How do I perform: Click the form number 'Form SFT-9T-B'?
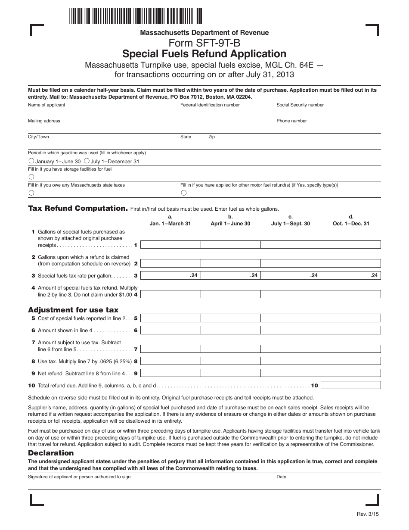point(204,43)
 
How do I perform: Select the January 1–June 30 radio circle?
point(31,161)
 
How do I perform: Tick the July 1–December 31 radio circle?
point(87,161)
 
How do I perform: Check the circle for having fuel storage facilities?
point(31,177)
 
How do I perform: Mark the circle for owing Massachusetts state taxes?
point(31,193)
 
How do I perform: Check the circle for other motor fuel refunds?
point(184,193)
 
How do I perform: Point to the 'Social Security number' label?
point(300,105)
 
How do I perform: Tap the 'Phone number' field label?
point(291,121)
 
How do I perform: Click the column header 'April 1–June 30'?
point(230,224)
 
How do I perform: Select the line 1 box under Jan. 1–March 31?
point(170,245)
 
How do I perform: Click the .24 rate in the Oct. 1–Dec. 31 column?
point(374,275)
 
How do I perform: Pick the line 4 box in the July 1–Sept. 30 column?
point(291,294)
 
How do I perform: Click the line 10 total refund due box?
point(351,385)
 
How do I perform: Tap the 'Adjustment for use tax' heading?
point(73,310)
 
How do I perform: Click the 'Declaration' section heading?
point(51,453)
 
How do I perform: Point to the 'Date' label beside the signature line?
point(281,477)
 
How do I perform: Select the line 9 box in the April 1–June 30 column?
point(230,373)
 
